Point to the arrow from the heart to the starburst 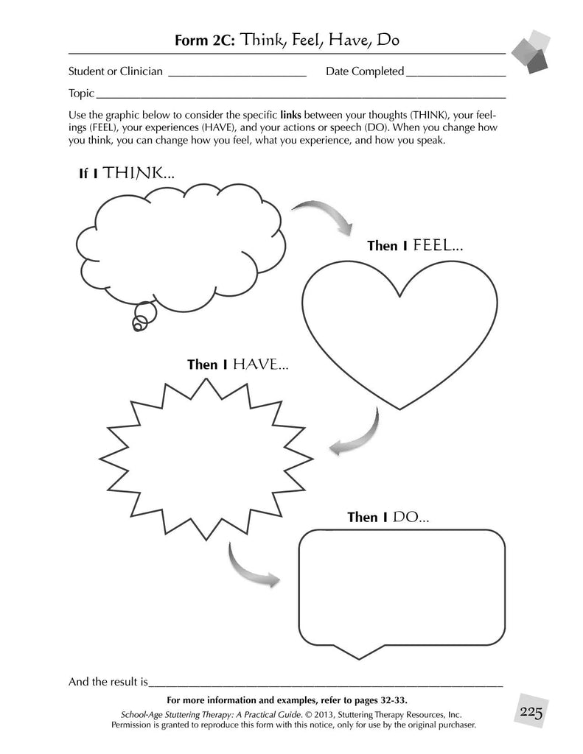pos(357,434)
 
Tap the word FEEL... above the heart pos(438,246)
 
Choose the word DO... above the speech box pos(411,517)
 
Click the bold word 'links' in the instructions pos(291,116)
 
